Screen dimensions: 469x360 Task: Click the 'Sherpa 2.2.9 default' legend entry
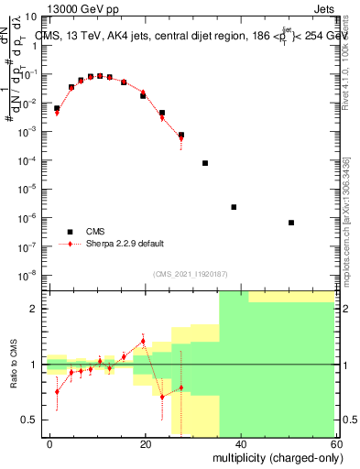click(x=125, y=244)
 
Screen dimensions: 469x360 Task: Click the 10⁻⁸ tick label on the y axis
click(x=29, y=275)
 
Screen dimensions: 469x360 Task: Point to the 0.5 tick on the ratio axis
click(x=31, y=420)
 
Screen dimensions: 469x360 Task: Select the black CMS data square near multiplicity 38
click(x=234, y=207)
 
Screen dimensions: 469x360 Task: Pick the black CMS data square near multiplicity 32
click(x=205, y=163)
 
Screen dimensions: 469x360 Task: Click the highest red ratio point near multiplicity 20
click(x=143, y=342)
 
